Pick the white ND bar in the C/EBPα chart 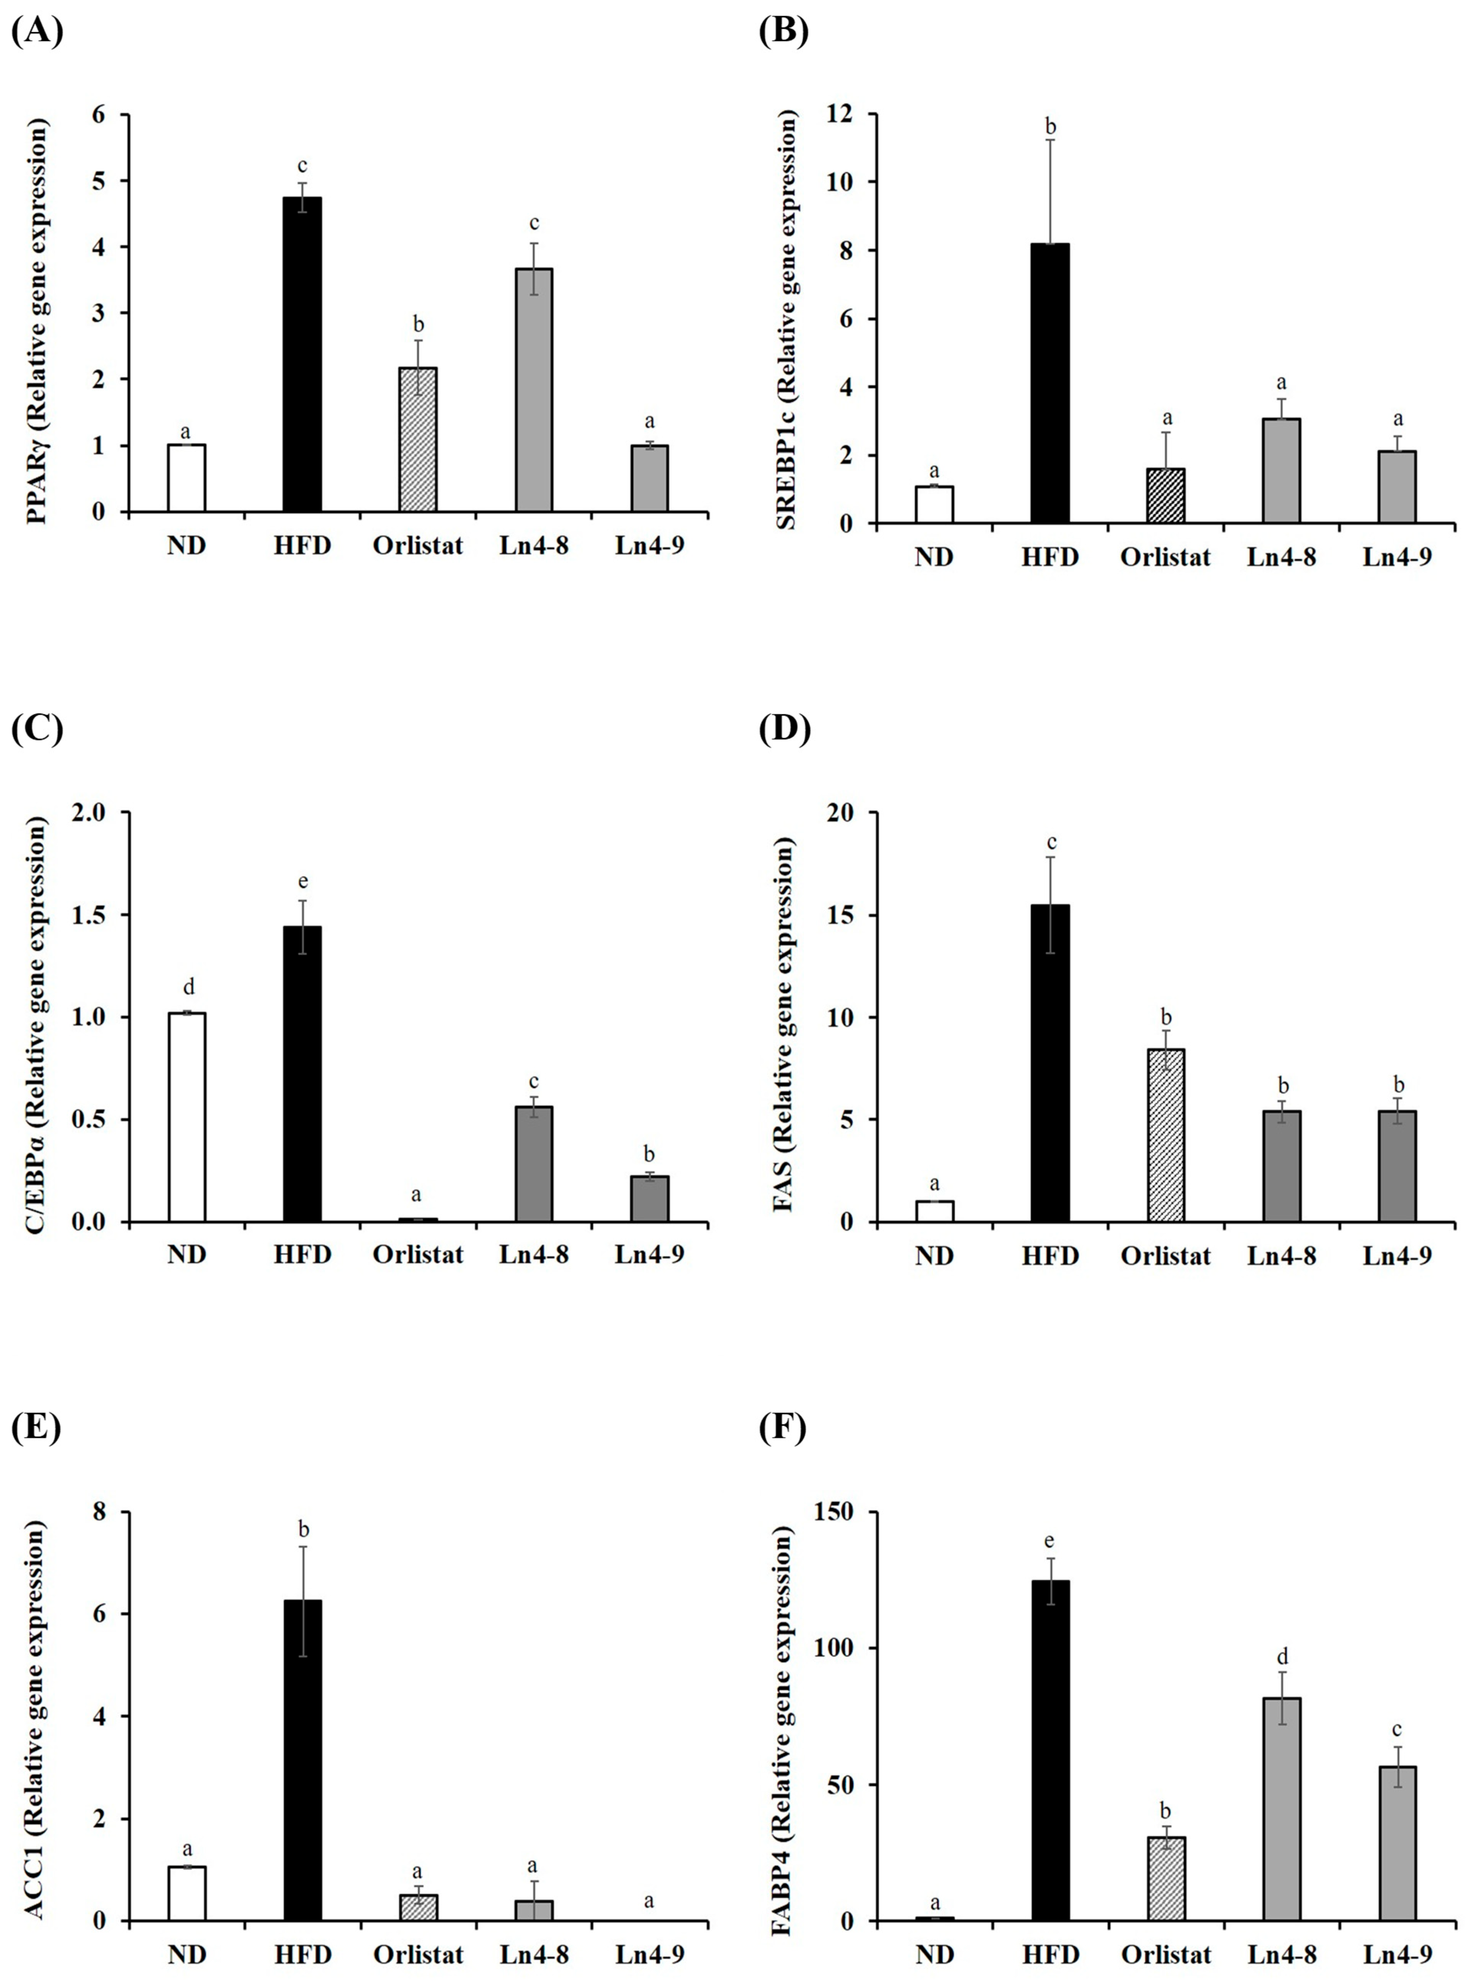click(x=187, y=1116)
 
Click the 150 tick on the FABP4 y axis click(x=836, y=1512)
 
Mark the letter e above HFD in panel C click(x=302, y=881)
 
